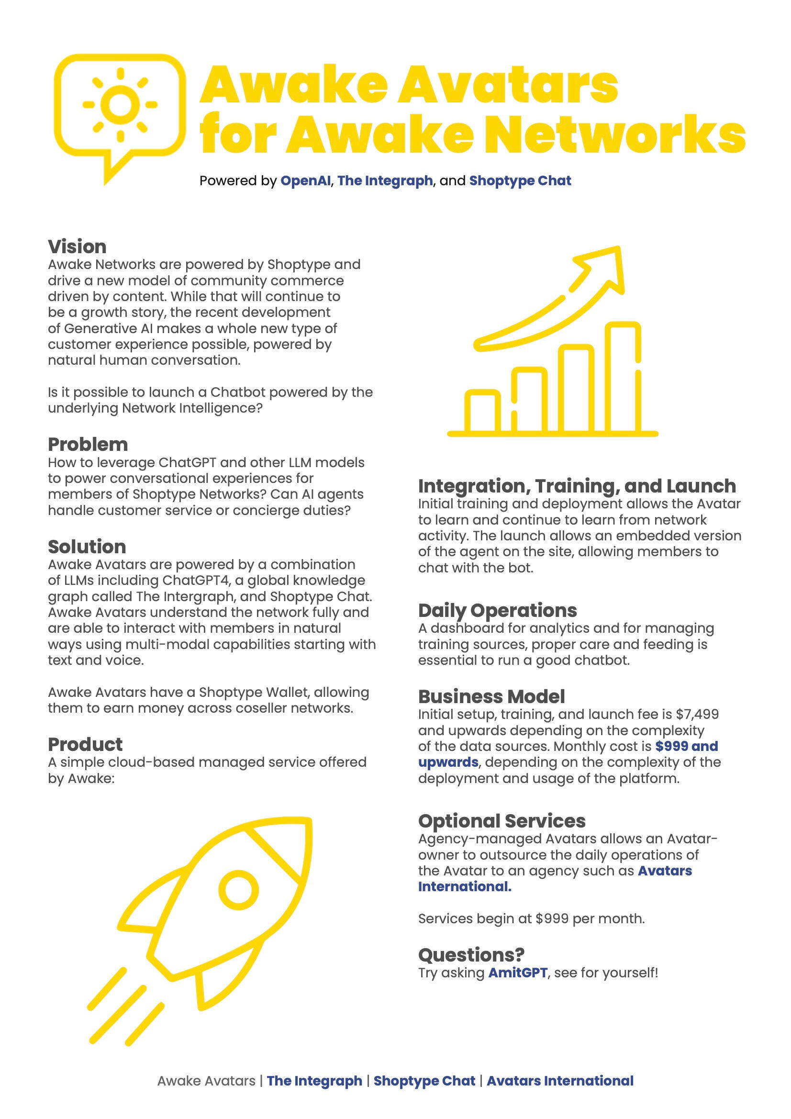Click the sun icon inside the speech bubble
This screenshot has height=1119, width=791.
point(120,104)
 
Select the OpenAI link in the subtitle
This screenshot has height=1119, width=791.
point(306,181)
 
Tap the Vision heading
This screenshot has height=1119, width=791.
point(77,246)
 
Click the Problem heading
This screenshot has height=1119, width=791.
point(88,445)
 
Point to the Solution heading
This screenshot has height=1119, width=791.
point(87,547)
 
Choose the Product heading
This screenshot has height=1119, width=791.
point(85,744)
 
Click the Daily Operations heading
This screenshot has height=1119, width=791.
point(497,610)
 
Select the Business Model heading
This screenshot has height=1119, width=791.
point(491,696)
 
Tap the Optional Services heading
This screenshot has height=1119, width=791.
point(501,821)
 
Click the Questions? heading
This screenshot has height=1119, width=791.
point(471,955)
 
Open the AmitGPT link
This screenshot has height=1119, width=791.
point(518,973)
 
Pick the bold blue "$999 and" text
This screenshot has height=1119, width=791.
point(686,746)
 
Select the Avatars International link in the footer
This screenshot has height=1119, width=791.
point(560,1095)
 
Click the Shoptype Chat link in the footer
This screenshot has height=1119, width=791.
point(424,1095)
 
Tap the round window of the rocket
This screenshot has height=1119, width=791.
point(238,889)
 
